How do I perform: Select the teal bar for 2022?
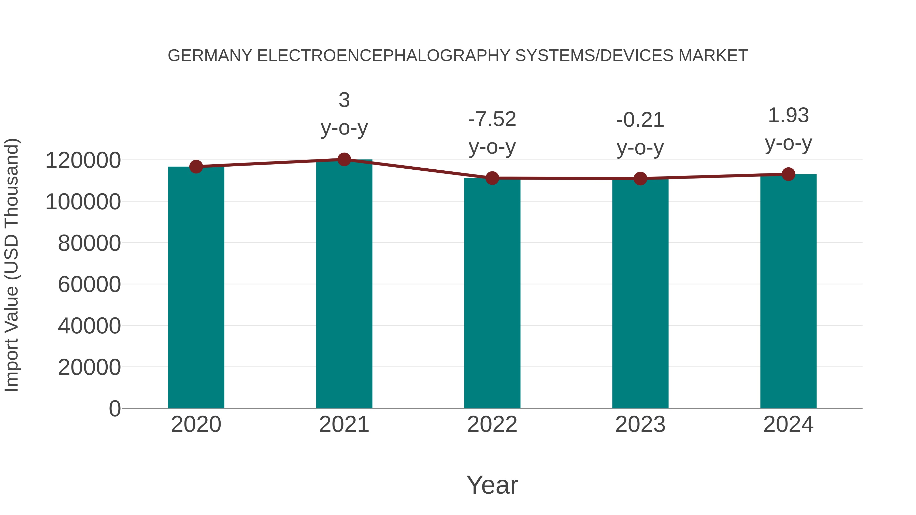coord(492,293)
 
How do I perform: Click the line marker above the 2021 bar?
coord(344,159)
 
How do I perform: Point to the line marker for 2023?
coord(640,179)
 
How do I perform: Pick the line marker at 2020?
coord(196,166)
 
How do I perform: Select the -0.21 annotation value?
coord(640,120)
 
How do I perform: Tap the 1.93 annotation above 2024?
coord(788,115)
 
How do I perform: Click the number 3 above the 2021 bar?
coord(344,100)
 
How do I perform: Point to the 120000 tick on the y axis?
coord(83,160)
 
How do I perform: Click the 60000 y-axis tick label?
coord(89,284)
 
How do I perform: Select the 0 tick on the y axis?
coord(114,408)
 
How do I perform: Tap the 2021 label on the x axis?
coord(344,424)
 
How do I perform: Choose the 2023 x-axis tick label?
coord(640,424)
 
